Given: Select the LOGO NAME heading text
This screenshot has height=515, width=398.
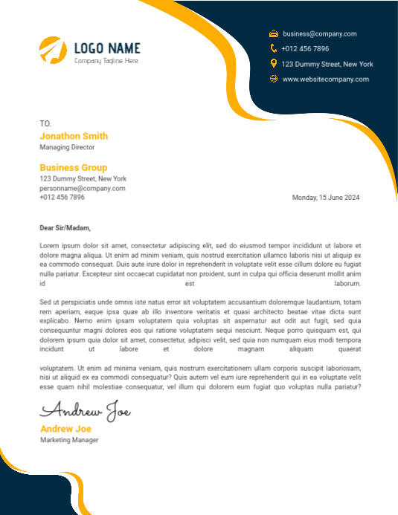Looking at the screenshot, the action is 107,48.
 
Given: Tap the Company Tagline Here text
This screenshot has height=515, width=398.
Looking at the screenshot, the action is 106,61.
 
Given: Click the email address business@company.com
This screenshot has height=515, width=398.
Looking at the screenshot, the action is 320,33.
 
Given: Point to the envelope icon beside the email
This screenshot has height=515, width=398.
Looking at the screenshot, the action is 274,33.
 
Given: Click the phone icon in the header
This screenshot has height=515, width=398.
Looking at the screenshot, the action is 274,48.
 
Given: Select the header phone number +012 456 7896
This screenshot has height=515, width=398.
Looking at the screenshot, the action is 305,48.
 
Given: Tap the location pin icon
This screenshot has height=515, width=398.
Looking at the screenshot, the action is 274,64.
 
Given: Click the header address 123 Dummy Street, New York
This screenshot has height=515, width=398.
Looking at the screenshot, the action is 327,64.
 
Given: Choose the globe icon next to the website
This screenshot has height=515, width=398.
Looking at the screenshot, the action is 274,79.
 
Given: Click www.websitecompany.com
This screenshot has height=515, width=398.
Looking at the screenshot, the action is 325,79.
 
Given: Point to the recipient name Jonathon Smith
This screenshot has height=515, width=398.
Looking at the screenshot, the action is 74,136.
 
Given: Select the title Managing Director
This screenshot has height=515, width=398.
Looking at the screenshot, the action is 67,147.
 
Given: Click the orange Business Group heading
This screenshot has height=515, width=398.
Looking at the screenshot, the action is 74,168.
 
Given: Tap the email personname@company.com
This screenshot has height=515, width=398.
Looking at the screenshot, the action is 83,188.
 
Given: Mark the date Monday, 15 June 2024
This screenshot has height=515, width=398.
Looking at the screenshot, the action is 326,198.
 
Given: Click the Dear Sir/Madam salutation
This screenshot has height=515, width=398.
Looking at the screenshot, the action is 65,228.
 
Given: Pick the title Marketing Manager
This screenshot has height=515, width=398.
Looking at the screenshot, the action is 69,440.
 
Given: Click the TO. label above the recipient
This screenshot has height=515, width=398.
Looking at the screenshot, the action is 45,123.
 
